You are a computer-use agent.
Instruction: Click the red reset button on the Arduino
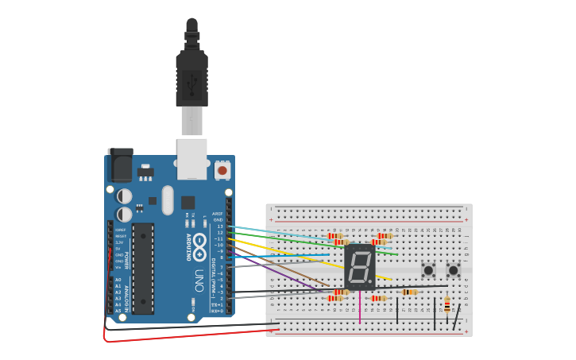point(222,170)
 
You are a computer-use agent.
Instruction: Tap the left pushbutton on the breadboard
point(428,270)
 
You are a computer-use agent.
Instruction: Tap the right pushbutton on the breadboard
point(454,270)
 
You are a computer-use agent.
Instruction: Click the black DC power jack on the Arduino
point(120,165)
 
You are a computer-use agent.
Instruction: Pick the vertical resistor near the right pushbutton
point(446,304)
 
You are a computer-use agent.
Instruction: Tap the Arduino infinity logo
point(199,242)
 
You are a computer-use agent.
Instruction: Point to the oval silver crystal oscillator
point(167,199)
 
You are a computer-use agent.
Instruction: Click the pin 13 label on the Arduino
point(220,226)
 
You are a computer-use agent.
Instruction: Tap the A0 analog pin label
point(118,280)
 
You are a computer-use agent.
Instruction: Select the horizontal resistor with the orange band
point(409,292)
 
